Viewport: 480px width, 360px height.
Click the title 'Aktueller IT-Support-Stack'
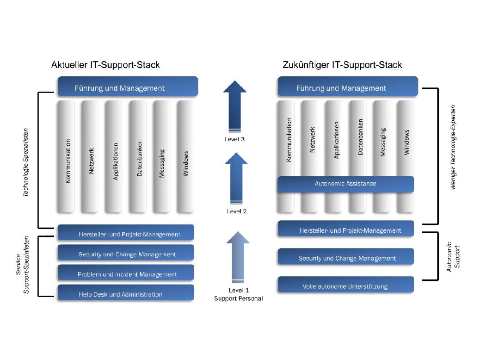pyautogui.click(x=105, y=65)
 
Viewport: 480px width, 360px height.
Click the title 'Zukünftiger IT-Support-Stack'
pyautogui.click(x=342, y=65)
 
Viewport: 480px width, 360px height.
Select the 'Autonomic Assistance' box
pyautogui.click(x=345, y=184)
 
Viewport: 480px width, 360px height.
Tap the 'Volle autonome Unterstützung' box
pyautogui.click(x=345, y=286)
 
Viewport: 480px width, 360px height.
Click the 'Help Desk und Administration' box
pyautogui.click(x=125, y=294)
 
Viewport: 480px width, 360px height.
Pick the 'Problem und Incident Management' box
pyautogui.click(x=125, y=274)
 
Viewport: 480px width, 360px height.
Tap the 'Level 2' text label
pyautogui.click(x=236, y=211)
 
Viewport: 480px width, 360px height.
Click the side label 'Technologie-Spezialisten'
pyautogui.click(x=26, y=161)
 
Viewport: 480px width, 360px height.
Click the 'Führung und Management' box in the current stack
pyautogui.click(x=128, y=87)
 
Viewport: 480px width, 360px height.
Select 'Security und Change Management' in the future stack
pyautogui.click(x=345, y=258)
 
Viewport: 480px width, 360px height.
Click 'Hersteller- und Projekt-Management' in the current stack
pyautogui.click(x=125, y=234)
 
